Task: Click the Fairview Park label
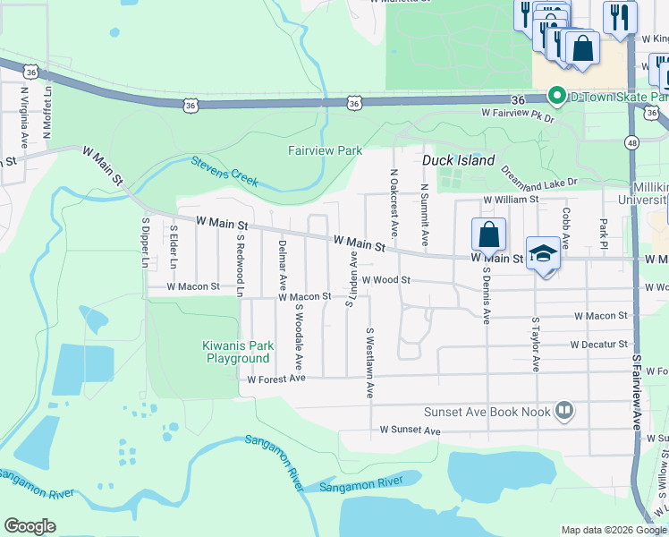coord(326,150)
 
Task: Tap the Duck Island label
coord(458,160)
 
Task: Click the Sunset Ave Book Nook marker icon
coord(564,412)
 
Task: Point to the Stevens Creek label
coord(224,171)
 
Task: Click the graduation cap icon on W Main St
coord(543,253)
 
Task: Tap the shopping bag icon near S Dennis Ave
coord(488,235)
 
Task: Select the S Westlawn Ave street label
coord(368,362)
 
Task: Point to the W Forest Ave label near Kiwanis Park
coord(276,379)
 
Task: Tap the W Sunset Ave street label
coord(410,430)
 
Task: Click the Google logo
coord(30,526)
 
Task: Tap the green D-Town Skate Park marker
coord(555,95)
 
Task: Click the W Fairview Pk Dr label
coord(518,115)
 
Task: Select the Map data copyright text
coord(613,530)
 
